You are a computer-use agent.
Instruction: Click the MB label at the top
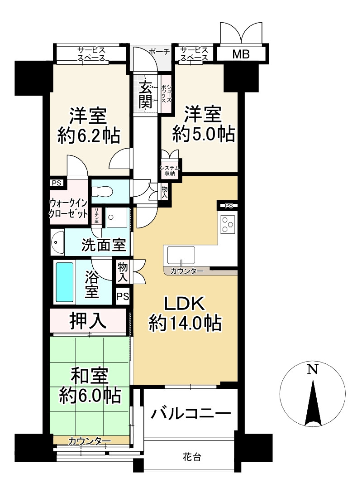(x=241, y=54)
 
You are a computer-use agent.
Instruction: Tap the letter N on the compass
(x=312, y=369)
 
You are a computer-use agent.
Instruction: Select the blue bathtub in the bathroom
(x=64, y=282)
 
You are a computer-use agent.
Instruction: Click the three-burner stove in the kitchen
(x=228, y=224)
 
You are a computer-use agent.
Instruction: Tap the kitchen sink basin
(x=181, y=255)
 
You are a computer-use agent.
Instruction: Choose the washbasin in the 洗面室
(x=57, y=243)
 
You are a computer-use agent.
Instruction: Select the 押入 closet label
(x=88, y=321)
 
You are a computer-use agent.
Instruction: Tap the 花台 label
(x=192, y=457)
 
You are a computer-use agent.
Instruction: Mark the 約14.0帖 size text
(x=185, y=323)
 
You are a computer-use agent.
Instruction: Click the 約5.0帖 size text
(x=204, y=135)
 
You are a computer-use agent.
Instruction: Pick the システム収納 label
(x=170, y=171)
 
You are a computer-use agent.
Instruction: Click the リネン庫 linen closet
(x=96, y=216)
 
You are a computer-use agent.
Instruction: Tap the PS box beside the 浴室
(x=123, y=296)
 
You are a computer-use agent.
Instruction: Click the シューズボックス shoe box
(x=166, y=93)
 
